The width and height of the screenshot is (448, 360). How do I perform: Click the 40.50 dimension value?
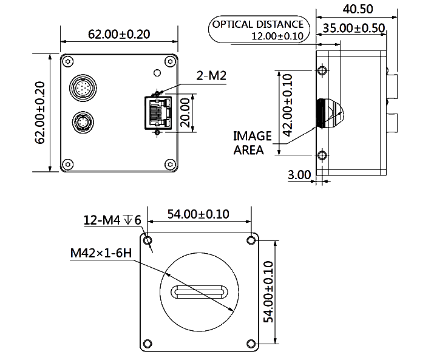pyautogui.click(x=358, y=9)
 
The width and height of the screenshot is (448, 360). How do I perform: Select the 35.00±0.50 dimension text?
pyautogui.click(x=354, y=28)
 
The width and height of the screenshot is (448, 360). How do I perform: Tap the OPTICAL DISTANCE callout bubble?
pyautogui.click(x=259, y=29)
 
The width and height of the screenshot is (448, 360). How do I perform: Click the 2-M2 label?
pyautogui.click(x=211, y=76)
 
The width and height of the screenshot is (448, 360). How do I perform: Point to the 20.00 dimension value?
pyautogui.click(x=185, y=112)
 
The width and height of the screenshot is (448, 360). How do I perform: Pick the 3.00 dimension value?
pyautogui.click(x=299, y=175)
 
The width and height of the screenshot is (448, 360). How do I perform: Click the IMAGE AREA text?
pyautogui.click(x=253, y=143)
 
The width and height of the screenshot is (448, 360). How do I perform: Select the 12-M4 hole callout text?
pyautogui.click(x=112, y=220)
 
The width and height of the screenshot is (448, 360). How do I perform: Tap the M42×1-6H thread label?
pyautogui.click(x=101, y=253)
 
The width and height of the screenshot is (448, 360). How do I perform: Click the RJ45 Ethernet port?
pyautogui.click(x=158, y=113)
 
